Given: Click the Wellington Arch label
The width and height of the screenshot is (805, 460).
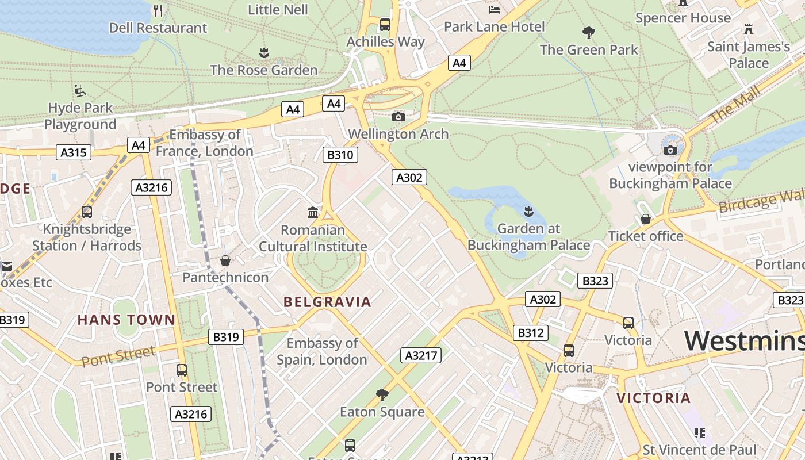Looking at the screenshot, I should tap(398, 134).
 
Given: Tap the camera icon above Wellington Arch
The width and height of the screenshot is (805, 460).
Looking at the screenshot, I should tap(398, 117).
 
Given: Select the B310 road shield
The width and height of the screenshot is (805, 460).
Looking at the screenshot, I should tap(340, 155).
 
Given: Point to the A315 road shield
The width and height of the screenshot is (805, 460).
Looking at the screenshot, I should tap(74, 152).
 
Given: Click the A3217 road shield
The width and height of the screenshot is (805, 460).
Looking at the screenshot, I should tap(421, 355).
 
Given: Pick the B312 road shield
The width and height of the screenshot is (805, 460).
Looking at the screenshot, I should tap(530, 333).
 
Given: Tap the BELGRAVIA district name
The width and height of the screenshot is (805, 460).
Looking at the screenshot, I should tap(327, 302).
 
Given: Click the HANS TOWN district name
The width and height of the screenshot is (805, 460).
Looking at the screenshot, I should tap(126, 320).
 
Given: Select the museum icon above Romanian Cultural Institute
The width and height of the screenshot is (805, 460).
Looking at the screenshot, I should tap(313, 213).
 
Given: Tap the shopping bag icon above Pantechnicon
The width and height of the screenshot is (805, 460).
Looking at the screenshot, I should tap(225, 260).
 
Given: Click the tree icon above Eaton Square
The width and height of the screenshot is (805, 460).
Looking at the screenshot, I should tap(382, 394).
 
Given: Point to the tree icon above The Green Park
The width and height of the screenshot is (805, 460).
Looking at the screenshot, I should tap(588, 32).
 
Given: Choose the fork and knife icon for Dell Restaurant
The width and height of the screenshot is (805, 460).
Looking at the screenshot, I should tap(158, 10).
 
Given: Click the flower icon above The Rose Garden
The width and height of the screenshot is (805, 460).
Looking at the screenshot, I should tap(264, 53).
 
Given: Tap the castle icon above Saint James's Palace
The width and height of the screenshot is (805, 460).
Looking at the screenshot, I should tap(748, 29).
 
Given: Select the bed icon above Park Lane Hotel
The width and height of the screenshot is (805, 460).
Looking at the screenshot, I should tap(494, 9).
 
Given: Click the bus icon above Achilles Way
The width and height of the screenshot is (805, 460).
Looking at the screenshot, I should tap(385, 25).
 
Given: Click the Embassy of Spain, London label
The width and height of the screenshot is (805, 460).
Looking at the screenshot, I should tap(322, 351).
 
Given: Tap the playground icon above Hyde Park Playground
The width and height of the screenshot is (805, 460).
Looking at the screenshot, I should tap(80, 91).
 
